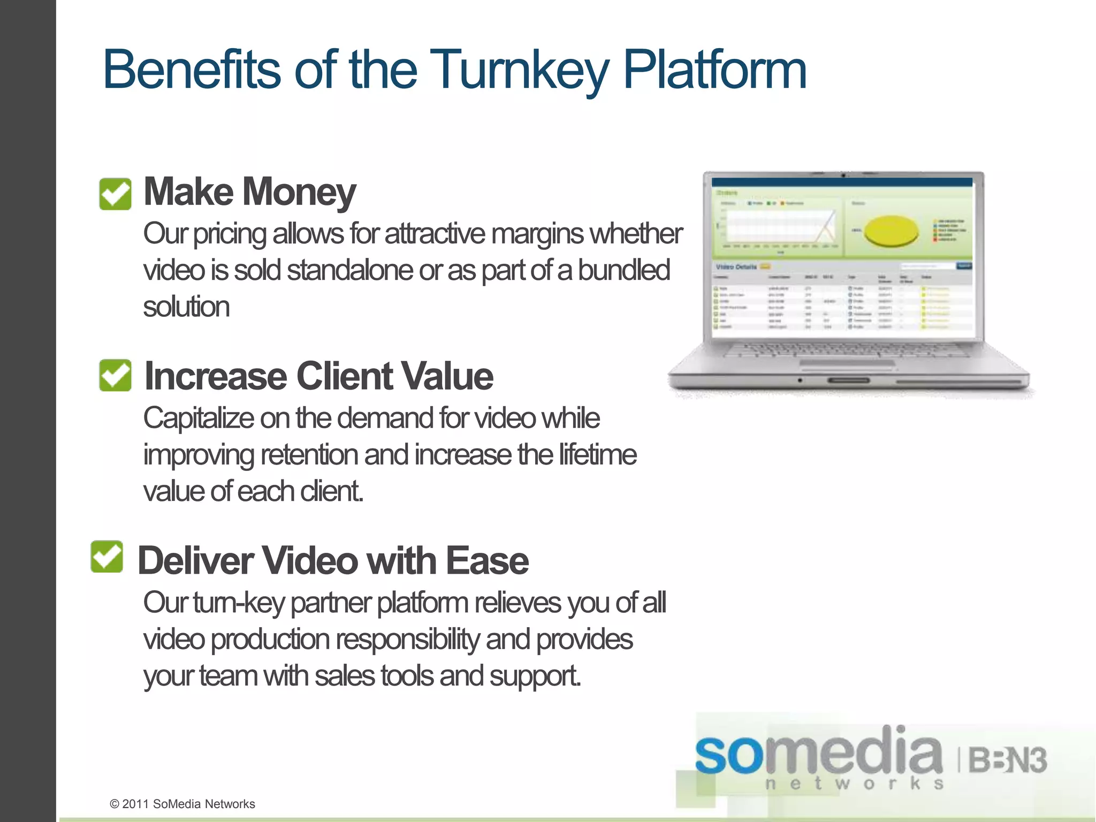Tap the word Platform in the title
[x=714, y=70]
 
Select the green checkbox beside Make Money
[x=115, y=194]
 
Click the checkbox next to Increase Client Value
[x=115, y=375]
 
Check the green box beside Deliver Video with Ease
[x=107, y=557]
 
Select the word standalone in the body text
[x=350, y=270]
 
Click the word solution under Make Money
[x=186, y=307]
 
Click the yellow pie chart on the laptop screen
[x=891, y=231]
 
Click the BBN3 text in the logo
[x=1007, y=760]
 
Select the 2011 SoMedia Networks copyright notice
[x=182, y=804]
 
